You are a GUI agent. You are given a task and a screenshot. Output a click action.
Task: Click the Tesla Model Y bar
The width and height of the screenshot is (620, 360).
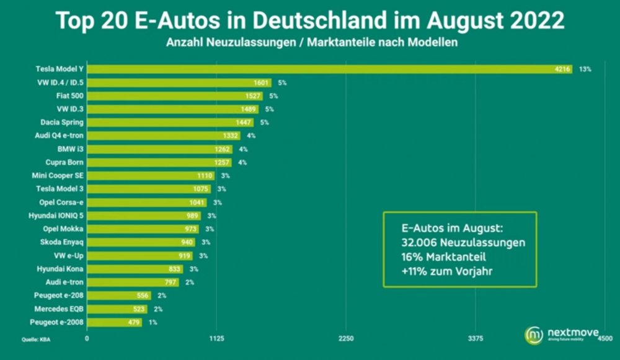pos(329,69)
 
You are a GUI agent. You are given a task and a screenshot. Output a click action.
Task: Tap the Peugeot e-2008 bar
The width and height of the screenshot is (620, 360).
pos(114,322)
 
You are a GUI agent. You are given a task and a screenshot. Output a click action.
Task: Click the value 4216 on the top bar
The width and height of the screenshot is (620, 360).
pos(562,69)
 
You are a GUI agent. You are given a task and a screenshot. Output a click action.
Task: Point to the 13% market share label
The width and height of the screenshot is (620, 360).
pos(585,69)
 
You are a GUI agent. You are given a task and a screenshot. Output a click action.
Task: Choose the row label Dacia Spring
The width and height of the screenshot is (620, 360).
pos(62,122)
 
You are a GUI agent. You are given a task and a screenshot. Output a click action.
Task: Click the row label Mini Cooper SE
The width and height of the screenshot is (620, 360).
pos(58,175)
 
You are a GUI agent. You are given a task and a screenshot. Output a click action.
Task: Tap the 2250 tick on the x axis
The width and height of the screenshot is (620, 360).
pos(346,338)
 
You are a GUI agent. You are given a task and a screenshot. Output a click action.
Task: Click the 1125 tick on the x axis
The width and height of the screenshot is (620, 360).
pos(216,338)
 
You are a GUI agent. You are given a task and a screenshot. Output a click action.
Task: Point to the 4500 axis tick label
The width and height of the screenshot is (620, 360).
pos(604,338)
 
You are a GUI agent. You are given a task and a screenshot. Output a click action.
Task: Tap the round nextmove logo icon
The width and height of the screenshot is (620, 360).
pos(534,335)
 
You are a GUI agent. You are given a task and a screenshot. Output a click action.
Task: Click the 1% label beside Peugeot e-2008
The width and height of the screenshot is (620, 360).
pos(153,322)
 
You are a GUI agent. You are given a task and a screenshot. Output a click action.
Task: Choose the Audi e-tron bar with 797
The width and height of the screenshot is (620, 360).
pos(133,283)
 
